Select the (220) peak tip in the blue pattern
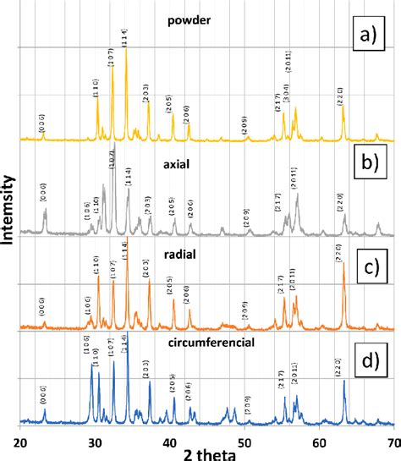pos(343,382)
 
